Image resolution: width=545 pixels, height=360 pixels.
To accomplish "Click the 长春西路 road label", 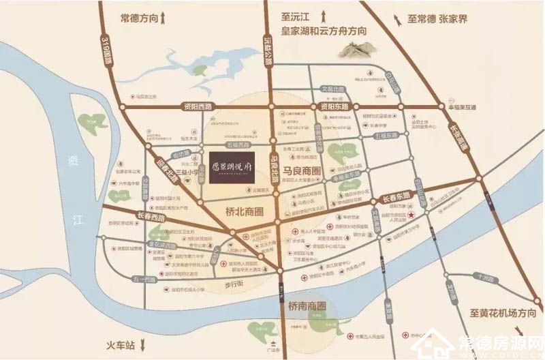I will click(151, 215).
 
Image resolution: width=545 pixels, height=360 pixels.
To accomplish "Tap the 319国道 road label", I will click(106, 51).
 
